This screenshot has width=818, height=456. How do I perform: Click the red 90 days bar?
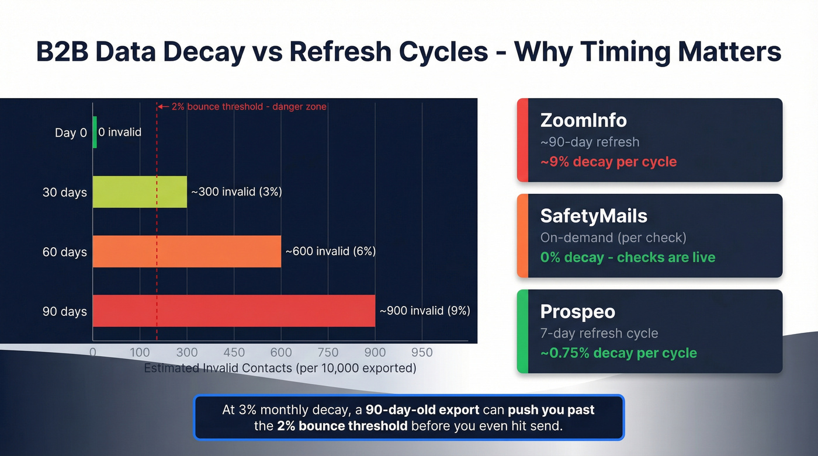(x=234, y=311)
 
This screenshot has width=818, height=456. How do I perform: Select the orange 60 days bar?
(x=187, y=251)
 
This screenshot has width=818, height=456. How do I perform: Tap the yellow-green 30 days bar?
(x=140, y=192)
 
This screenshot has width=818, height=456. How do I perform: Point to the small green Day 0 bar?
(x=95, y=132)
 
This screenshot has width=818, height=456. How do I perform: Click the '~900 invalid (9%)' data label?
(x=425, y=311)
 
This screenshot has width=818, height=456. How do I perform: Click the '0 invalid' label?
(x=120, y=132)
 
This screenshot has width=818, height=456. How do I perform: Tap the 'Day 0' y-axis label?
(x=71, y=133)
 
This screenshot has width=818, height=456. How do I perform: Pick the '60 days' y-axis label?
(x=65, y=252)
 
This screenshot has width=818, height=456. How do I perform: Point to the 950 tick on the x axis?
(x=422, y=352)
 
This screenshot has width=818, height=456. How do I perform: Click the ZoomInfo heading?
(x=583, y=120)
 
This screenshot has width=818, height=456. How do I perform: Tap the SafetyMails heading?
(x=594, y=216)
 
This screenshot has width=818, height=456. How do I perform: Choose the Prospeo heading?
(x=577, y=312)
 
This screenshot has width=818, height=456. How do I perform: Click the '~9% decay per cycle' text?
(x=608, y=162)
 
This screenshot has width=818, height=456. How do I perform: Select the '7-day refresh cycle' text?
(x=599, y=333)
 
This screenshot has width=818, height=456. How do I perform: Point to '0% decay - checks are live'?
(x=628, y=257)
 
